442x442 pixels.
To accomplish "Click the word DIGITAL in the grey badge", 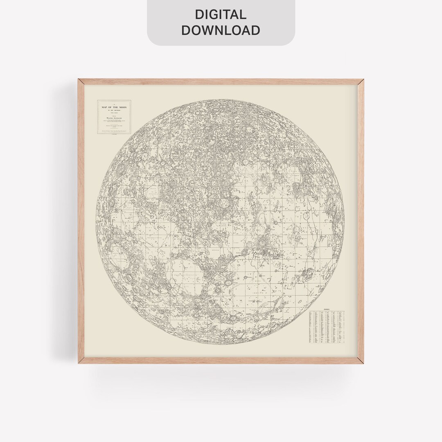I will click(x=221, y=15).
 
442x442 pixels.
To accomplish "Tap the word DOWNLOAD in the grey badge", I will click(x=221, y=30).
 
